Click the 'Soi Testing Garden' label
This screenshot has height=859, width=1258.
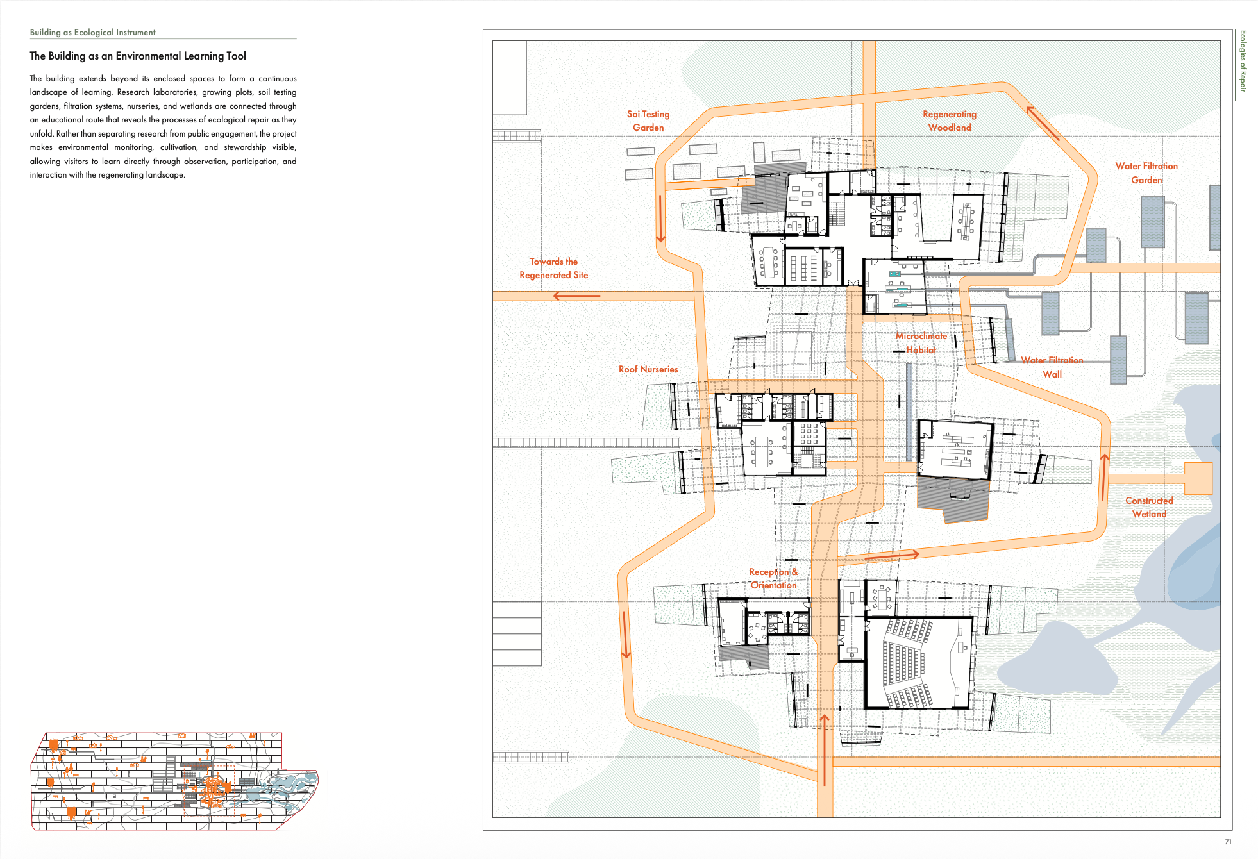pyautogui.click(x=648, y=121)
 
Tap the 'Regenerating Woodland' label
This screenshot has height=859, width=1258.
pyautogui.click(x=950, y=121)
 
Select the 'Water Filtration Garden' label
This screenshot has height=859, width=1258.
pyautogui.click(x=1146, y=173)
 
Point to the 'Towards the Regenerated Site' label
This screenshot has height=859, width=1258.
pyautogui.click(x=554, y=268)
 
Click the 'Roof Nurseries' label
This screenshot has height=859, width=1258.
pyautogui.click(x=648, y=369)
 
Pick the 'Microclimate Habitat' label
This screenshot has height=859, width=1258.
pyautogui.click(x=921, y=343)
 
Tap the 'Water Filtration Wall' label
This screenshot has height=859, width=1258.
pyautogui.click(x=1052, y=367)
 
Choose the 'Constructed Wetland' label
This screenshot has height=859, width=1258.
pyautogui.click(x=1149, y=507)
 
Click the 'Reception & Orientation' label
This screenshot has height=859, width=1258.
pyautogui.click(x=773, y=578)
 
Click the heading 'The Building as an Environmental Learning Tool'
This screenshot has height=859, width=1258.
pyautogui.click(x=138, y=56)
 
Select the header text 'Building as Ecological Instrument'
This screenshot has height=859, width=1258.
pyautogui.click(x=93, y=32)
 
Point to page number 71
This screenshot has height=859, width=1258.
pyautogui.click(x=1228, y=842)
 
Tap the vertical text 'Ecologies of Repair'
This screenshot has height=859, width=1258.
pyautogui.click(x=1243, y=61)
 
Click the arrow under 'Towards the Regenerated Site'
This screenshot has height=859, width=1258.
pyautogui.click(x=576, y=296)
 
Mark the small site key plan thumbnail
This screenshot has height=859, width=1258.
pyautogui.click(x=174, y=781)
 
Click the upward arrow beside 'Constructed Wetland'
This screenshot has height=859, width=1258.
pyautogui.click(x=1104, y=477)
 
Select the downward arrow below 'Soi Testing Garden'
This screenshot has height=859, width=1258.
pyautogui.click(x=660, y=219)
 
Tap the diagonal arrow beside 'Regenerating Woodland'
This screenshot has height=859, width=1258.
pyautogui.click(x=1043, y=123)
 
